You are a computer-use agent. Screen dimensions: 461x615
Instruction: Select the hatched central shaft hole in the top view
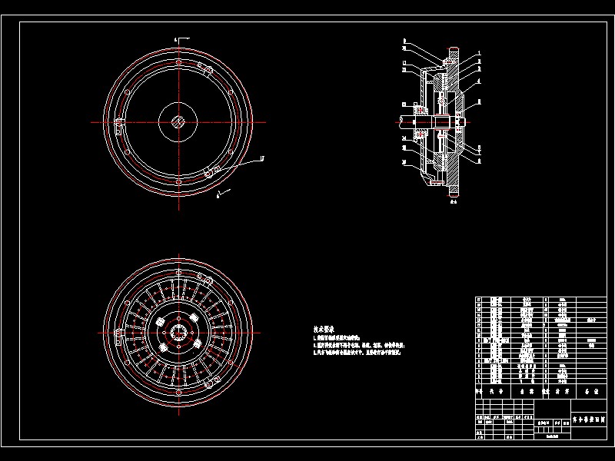(178, 121)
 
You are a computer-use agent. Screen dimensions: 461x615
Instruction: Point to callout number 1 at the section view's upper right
(477, 53)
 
